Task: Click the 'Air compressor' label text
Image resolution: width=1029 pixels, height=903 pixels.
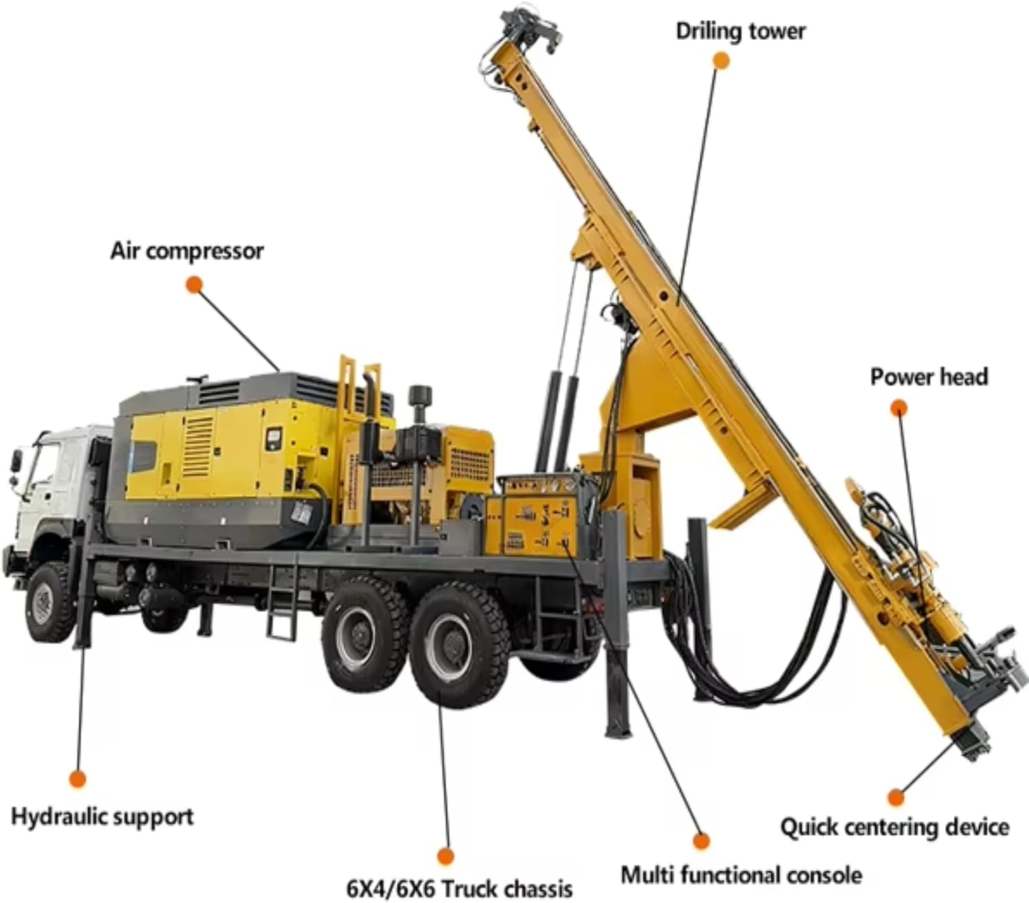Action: point(187,251)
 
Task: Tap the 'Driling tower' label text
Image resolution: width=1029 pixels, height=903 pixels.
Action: point(740,32)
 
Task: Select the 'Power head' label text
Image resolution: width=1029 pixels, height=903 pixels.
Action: point(929,377)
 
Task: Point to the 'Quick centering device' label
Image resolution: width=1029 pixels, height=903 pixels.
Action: point(895,827)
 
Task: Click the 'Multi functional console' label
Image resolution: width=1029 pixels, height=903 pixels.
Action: point(741,875)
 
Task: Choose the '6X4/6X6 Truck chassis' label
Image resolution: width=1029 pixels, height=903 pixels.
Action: point(459,888)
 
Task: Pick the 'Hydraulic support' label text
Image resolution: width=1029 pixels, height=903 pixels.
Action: point(102,817)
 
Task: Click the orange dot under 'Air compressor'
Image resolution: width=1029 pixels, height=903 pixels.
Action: point(195,285)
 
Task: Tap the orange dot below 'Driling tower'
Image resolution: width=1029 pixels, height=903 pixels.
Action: point(720,60)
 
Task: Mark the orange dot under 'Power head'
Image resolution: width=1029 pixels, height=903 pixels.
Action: point(899,409)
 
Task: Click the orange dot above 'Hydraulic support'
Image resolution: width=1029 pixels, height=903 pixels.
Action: point(78,779)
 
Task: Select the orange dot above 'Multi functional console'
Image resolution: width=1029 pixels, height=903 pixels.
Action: point(700,840)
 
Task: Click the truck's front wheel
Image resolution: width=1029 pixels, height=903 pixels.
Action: point(49,602)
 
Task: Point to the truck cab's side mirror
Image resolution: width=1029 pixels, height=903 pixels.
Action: point(15,460)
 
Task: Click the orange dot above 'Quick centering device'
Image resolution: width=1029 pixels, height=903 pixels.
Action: point(895,797)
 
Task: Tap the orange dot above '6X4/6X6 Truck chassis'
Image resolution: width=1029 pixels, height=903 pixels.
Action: point(446,856)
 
